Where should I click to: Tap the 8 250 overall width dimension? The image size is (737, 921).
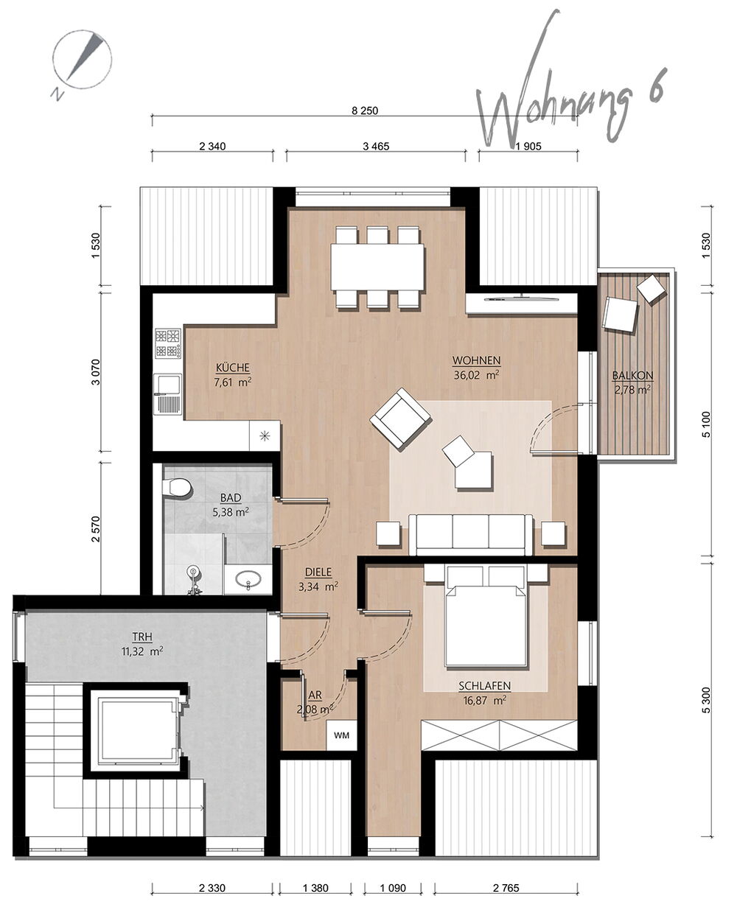pyautogui.click(x=365, y=111)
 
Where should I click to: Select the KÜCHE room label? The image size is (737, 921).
pyautogui.click(x=233, y=368)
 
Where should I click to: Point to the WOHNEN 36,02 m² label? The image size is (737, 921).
pyautogui.click(x=477, y=368)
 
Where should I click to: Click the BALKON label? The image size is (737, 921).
pyautogui.click(x=632, y=376)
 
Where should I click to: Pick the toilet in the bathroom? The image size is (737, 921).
pyautogui.click(x=176, y=488)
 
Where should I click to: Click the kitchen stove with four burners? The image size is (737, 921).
pyautogui.click(x=168, y=343)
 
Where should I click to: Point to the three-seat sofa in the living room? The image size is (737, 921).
pyautogui.click(x=471, y=535)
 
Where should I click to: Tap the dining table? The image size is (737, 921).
pyautogui.click(x=377, y=267)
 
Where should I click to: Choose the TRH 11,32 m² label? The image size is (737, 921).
pyautogui.click(x=142, y=644)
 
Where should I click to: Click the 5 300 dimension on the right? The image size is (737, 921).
pyautogui.click(x=706, y=700)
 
